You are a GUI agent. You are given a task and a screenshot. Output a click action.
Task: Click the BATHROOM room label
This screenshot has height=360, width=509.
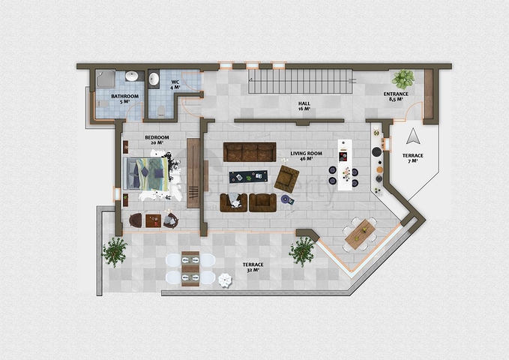(x=125, y=99)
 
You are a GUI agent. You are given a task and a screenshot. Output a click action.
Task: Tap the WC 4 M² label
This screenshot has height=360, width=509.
(x=175, y=85)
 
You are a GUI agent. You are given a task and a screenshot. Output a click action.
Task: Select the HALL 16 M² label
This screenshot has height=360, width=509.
(x=304, y=106)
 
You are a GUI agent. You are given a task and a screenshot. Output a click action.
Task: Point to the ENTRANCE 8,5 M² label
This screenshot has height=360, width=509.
(x=396, y=97)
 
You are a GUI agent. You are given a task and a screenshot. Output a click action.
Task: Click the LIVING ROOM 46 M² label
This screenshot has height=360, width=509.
(x=306, y=156)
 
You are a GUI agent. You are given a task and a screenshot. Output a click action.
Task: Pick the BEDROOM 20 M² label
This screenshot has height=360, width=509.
(x=157, y=140)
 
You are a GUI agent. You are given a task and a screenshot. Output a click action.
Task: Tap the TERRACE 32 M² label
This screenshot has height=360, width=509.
(x=253, y=267)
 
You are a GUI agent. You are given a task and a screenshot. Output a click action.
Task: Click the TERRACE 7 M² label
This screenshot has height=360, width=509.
(x=413, y=158)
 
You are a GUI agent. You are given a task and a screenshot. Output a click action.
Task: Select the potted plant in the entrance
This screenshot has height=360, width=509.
(x=403, y=79)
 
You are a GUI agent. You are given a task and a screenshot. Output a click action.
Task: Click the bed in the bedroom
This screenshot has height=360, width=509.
(x=145, y=173)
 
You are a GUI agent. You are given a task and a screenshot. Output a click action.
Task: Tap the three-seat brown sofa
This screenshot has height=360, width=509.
(x=250, y=151)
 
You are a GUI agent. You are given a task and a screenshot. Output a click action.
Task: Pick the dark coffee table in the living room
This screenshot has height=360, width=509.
(x=248, y=177)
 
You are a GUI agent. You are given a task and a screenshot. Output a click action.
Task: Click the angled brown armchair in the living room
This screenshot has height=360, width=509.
(x=286, y=178)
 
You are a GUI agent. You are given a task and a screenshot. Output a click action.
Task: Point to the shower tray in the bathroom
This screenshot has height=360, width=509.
(x=106, y=79)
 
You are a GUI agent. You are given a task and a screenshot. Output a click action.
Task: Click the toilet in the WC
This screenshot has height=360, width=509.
(x=161, y=111)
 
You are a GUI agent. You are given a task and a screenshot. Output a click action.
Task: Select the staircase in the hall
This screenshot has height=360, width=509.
(x=301, y=81)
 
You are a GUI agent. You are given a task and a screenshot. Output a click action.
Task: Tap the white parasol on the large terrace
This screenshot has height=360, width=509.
(x=225, y=280)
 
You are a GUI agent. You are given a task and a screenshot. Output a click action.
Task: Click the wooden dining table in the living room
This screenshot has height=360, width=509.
(x=360, y=234)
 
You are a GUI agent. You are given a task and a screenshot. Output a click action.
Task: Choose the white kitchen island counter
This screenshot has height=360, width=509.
(x=344, y=165)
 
